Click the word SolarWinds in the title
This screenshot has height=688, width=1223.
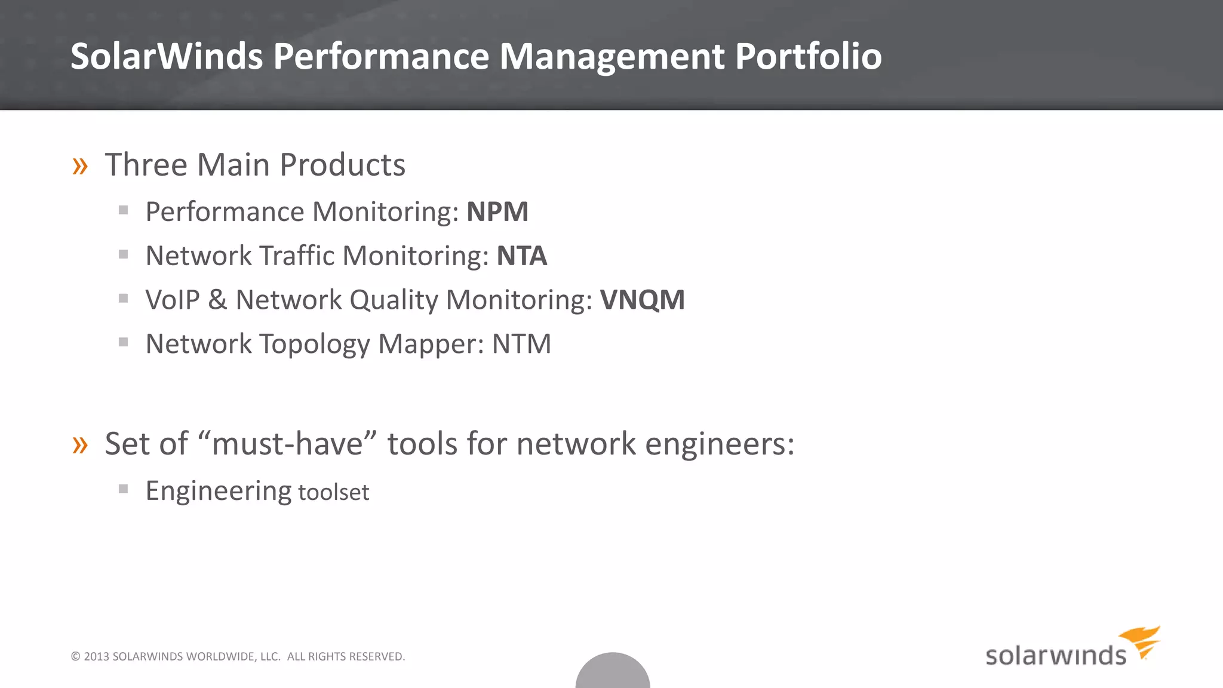coord(167,56)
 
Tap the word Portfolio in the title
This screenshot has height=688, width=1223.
coord(808,56)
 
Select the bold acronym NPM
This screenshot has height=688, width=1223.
coord(497,212)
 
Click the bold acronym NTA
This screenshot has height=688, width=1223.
coord(522,256)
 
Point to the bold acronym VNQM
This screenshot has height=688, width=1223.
coord(643,300)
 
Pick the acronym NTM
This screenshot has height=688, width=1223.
coord(521,344)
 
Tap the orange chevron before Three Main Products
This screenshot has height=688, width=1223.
coord(80,166)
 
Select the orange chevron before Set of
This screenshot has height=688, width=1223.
coord(80,445)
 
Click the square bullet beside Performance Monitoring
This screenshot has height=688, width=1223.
coord(124,210)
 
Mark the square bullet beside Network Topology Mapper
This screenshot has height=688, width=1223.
coord(124,342)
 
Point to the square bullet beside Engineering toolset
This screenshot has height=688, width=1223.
coord(124,489)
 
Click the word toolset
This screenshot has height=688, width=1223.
coord(333,493)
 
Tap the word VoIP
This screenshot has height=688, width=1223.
coord(173,300)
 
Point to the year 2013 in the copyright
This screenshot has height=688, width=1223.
coord(96,656)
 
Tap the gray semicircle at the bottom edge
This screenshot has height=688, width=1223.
coord(613,672)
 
